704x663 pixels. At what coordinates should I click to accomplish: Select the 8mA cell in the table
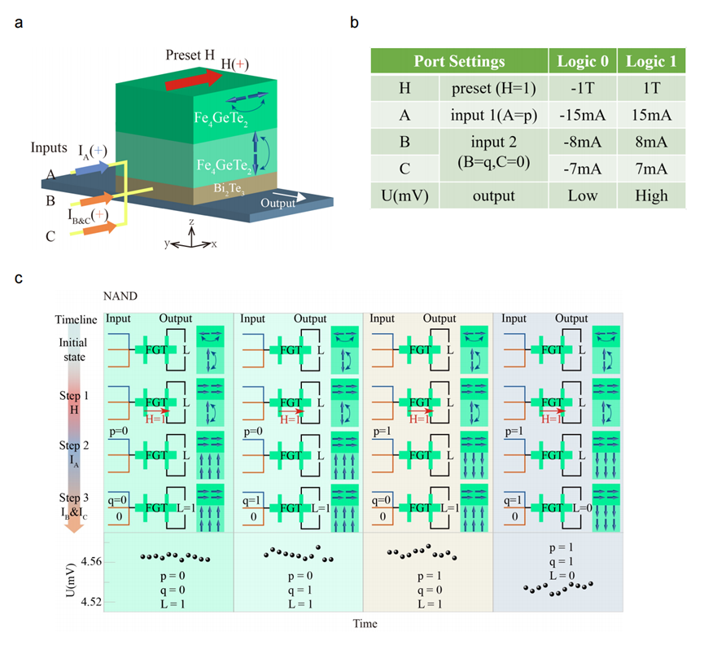click(649, 142)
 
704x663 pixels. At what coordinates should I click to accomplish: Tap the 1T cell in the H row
click(649, 89)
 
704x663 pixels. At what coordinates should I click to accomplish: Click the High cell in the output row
click(649, 195)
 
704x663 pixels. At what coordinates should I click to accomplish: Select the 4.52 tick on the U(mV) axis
click(91, 601)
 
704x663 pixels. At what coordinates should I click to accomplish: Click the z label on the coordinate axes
click(191, 222)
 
